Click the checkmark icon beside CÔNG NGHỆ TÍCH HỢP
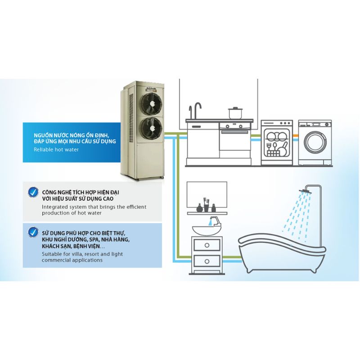[33, 193]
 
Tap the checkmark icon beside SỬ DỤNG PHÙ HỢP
[33, 233]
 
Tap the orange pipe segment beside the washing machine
[295, 135]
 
